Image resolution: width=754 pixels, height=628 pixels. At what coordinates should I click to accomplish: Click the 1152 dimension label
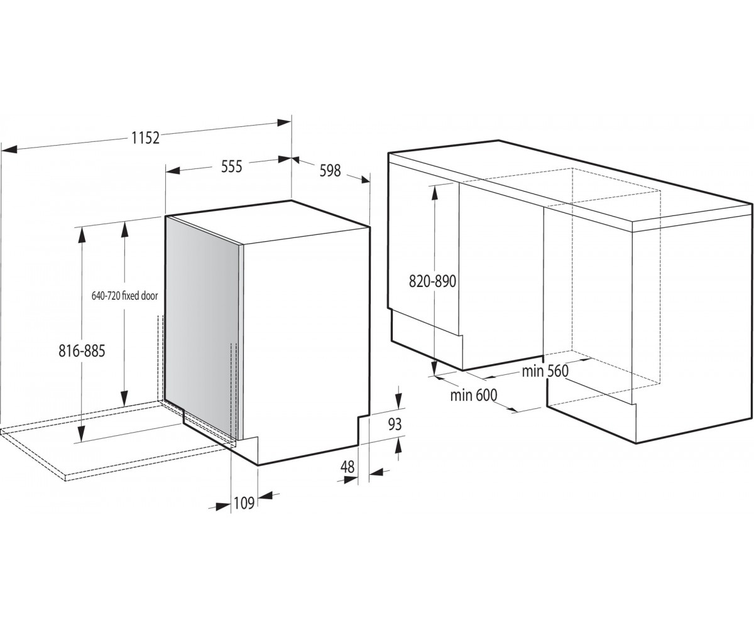click(145, 138)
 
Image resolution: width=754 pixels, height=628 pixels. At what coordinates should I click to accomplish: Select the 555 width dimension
click(231, 166)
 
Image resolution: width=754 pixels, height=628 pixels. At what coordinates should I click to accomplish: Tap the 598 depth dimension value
click(330, 170)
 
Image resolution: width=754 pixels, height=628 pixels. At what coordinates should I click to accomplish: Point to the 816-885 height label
click(82, 351)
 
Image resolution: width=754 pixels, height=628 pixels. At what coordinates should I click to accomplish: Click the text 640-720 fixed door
click(124, 296)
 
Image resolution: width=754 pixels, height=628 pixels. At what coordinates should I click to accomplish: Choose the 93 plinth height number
click(395, 425)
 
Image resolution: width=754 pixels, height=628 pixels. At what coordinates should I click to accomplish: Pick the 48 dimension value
click(347, 467)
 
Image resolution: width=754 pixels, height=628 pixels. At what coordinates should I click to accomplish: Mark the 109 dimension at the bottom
click(244, 503)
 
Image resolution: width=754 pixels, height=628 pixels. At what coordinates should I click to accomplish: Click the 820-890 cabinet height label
click(433, 281)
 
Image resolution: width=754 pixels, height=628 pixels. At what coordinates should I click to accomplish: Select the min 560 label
click(545, 371)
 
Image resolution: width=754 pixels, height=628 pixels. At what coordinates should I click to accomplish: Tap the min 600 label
click(473, 395)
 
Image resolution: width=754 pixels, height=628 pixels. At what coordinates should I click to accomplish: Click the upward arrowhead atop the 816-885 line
click(82, 235)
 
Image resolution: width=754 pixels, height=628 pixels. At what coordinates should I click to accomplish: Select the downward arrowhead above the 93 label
click(398, 400)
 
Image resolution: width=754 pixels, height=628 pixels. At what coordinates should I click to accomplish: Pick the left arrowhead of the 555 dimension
click(173, 170)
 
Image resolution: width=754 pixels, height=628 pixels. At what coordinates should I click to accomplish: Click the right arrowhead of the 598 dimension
click(363, 180)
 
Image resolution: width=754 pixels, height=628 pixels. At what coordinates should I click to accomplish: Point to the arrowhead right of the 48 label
click(376, 472)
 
